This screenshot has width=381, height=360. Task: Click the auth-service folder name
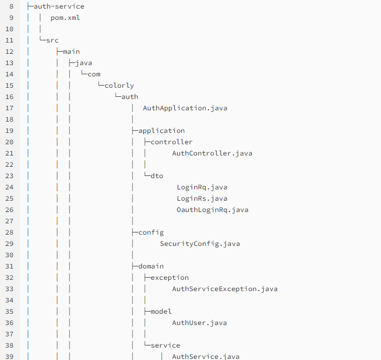pos(59,6)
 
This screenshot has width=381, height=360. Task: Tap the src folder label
pos(52,40)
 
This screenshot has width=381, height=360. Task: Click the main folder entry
pos(71,51)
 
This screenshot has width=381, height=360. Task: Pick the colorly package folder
pos(119,85)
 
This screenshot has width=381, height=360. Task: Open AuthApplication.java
pos(185,108)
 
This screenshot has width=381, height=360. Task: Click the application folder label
pos(161,130)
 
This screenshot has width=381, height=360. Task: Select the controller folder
pos(172,142)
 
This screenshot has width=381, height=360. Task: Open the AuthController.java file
pos(212,153)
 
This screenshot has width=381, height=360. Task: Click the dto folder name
pos(157,175)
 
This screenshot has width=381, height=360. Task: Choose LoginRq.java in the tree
pos(202,187)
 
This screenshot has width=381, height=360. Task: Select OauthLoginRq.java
pos(212,209)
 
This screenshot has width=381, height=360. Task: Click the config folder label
pos(151,232)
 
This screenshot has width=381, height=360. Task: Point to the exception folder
pos(170,277)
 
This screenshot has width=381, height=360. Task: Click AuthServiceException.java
pos(224,288)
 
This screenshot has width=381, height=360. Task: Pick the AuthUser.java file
pos(199,322)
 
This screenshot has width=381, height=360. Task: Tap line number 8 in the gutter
pos(11,6)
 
